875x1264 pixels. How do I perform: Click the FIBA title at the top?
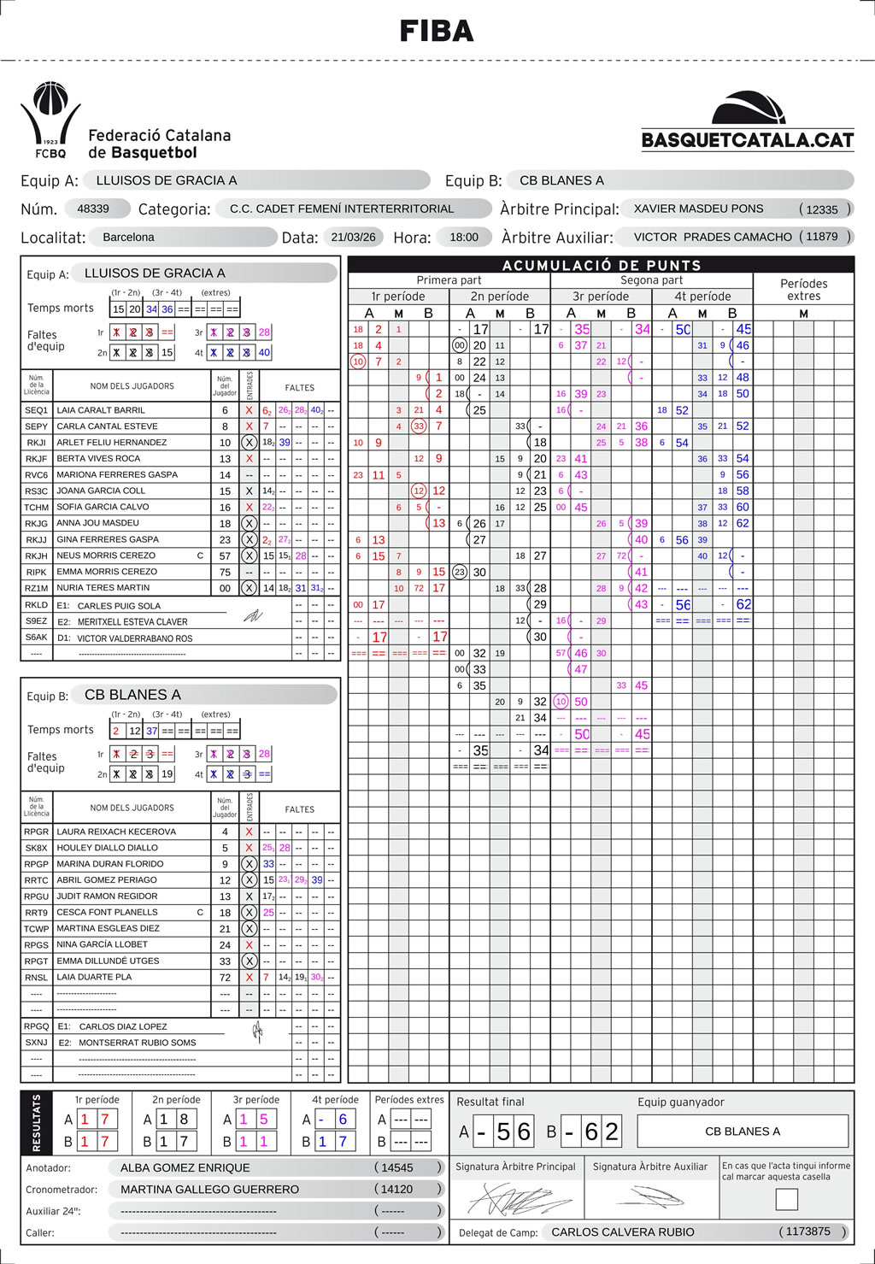click(x=437, y=32)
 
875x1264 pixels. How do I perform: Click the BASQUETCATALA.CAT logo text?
click(x=748, y=140)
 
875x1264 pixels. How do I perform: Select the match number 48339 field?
click(x=93, y=209)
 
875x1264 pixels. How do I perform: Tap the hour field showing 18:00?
click(x=464, y=237)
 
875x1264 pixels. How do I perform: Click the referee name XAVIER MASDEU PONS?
click(x=698, y=209)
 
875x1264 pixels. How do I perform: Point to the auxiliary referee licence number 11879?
click(x=822, y=237)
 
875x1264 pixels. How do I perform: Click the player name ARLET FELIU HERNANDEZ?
click(x=111, y=443)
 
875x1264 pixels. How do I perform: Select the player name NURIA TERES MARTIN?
click(x=103, y=588)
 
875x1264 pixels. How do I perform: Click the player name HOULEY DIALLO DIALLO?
click(x=107, y=848)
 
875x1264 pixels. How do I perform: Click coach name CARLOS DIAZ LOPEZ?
click(x=123, y=1026)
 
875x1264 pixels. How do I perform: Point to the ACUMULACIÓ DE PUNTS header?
click(x=602, y=265)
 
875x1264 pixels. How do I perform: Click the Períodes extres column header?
click(x=803, y=290)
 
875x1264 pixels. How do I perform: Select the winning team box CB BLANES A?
click(x=743, y=1132)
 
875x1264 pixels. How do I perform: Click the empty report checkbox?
click(x=786, y=1199)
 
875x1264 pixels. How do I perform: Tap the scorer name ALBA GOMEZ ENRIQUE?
click(x=185, y=1167)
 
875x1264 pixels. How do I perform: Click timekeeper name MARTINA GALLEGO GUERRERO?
click(x=209, y=1189)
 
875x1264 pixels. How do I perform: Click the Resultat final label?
click(x=490, y=1102)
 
